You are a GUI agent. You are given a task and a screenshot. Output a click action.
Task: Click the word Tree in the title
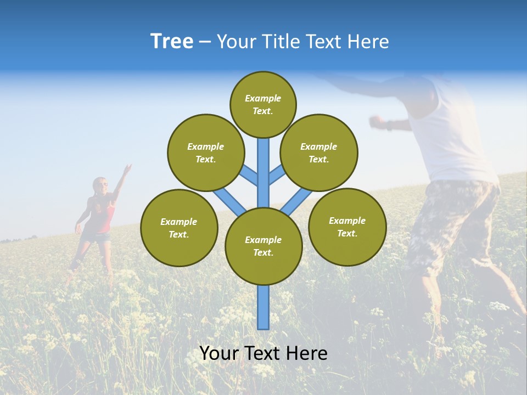coord(172,42)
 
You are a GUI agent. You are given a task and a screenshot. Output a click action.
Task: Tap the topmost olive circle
coord(263,104)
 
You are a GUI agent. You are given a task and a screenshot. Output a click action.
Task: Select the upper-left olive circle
coord(205,153)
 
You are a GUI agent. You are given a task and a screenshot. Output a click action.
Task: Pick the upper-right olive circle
coord(318,153)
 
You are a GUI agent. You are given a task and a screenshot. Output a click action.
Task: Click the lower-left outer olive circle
coord(179,228)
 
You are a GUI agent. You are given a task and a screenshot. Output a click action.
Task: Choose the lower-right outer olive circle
coord(347,227)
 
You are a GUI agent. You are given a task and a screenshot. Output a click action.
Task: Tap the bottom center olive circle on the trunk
coord(263,246)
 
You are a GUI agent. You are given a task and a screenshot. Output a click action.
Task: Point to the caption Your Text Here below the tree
coord(263,353)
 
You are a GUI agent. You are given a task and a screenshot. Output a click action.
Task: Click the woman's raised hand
coord(128,168)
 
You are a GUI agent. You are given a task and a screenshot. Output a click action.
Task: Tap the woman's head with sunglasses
coord(100,185)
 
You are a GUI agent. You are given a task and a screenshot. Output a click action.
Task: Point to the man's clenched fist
coord(375,120)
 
